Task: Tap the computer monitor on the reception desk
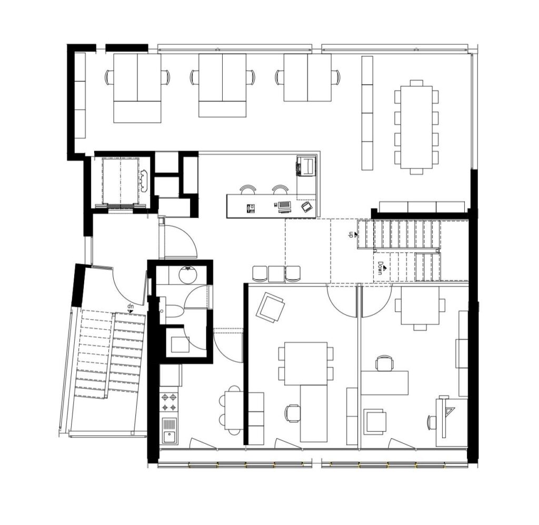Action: [284, 205]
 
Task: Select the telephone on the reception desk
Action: [250, 207]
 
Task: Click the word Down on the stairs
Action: [380, 268]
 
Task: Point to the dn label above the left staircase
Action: [131, 305]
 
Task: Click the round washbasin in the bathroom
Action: [187, 275]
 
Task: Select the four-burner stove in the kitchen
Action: [169, 403]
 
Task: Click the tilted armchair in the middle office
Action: [270, 307]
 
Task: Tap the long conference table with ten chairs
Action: [416, 127]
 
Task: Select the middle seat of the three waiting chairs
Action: [277, 274]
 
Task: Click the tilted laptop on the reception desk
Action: [307, 207]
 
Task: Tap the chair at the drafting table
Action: [432, 422]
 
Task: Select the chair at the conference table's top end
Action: [416, 83]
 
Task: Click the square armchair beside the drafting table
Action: [374, 421]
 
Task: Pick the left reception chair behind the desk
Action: [248, 190]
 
